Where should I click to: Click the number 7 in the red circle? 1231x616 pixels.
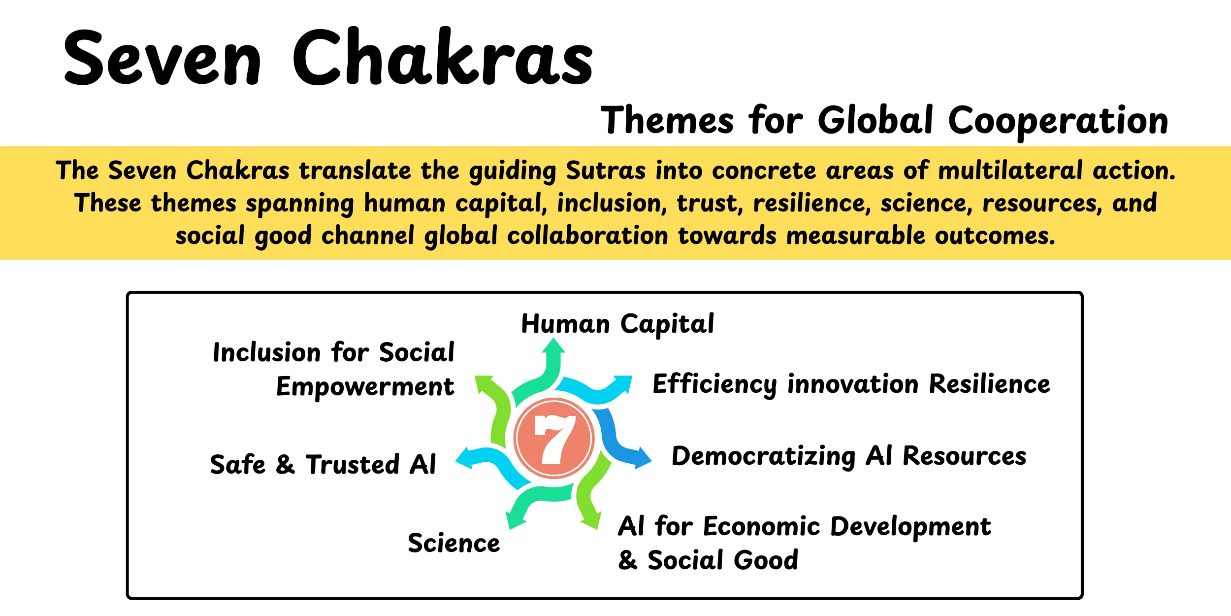[554, 439]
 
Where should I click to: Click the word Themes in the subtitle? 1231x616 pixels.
[667, 121]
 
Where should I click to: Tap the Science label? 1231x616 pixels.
[454, 543]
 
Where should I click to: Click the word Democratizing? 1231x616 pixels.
[764, 456]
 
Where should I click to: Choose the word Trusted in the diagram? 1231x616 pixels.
[352, 465]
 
